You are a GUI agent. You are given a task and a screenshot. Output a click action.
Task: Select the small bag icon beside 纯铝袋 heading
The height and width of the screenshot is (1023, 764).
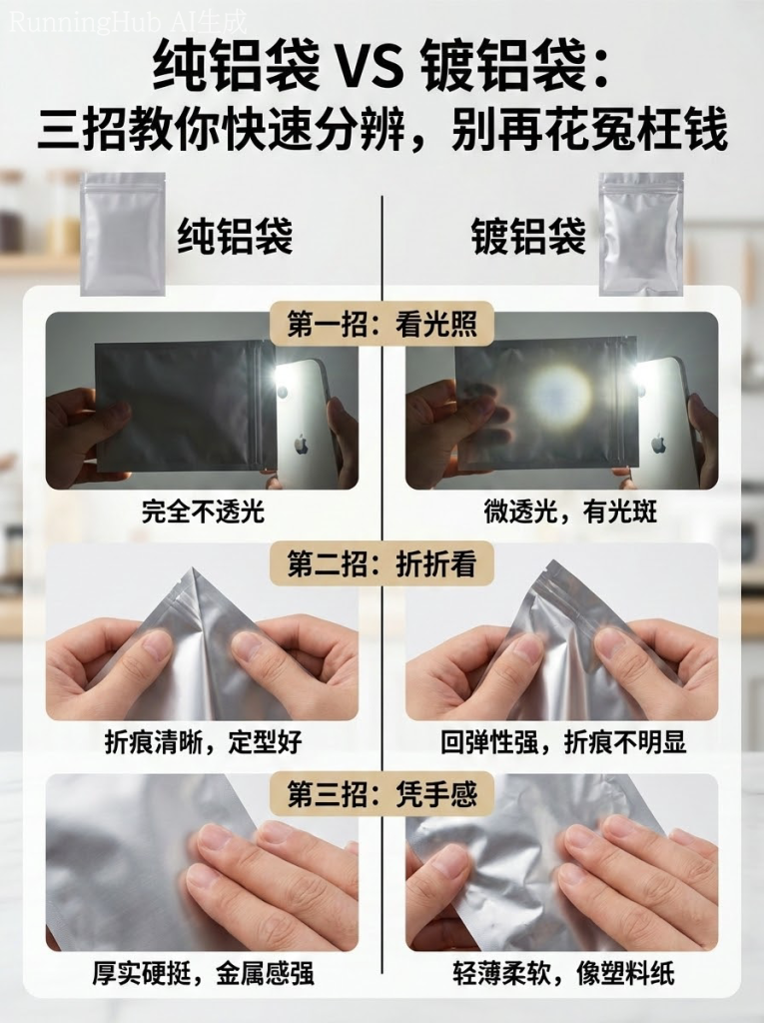(x=123, y=234)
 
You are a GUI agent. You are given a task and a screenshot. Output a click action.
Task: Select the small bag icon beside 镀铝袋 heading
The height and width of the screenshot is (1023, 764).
(x=640, y=234)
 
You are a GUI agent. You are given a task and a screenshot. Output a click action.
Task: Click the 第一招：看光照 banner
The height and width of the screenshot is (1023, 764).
(x=382, y=326)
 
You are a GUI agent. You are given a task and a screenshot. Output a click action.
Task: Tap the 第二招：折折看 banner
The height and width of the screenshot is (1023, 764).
(x=382, y=563)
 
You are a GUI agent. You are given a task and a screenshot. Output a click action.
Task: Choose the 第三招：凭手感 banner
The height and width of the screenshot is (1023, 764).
(x=382, y=794)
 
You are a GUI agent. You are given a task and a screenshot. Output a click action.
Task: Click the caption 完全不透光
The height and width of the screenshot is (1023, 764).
(x=203, y=512)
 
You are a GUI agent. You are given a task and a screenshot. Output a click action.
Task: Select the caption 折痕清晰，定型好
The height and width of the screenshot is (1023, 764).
(x=203, y=742)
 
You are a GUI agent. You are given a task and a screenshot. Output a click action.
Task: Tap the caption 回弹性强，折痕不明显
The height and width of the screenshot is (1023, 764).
(x=563, y=742)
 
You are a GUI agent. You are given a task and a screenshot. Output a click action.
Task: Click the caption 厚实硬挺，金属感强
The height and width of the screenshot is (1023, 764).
(x=203, y=972)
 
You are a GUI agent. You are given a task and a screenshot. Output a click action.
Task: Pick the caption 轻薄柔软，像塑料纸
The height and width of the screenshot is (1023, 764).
(x=563, y=972)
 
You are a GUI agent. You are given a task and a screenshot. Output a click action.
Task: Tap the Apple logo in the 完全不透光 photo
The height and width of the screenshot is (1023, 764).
(x=300, y=442)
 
